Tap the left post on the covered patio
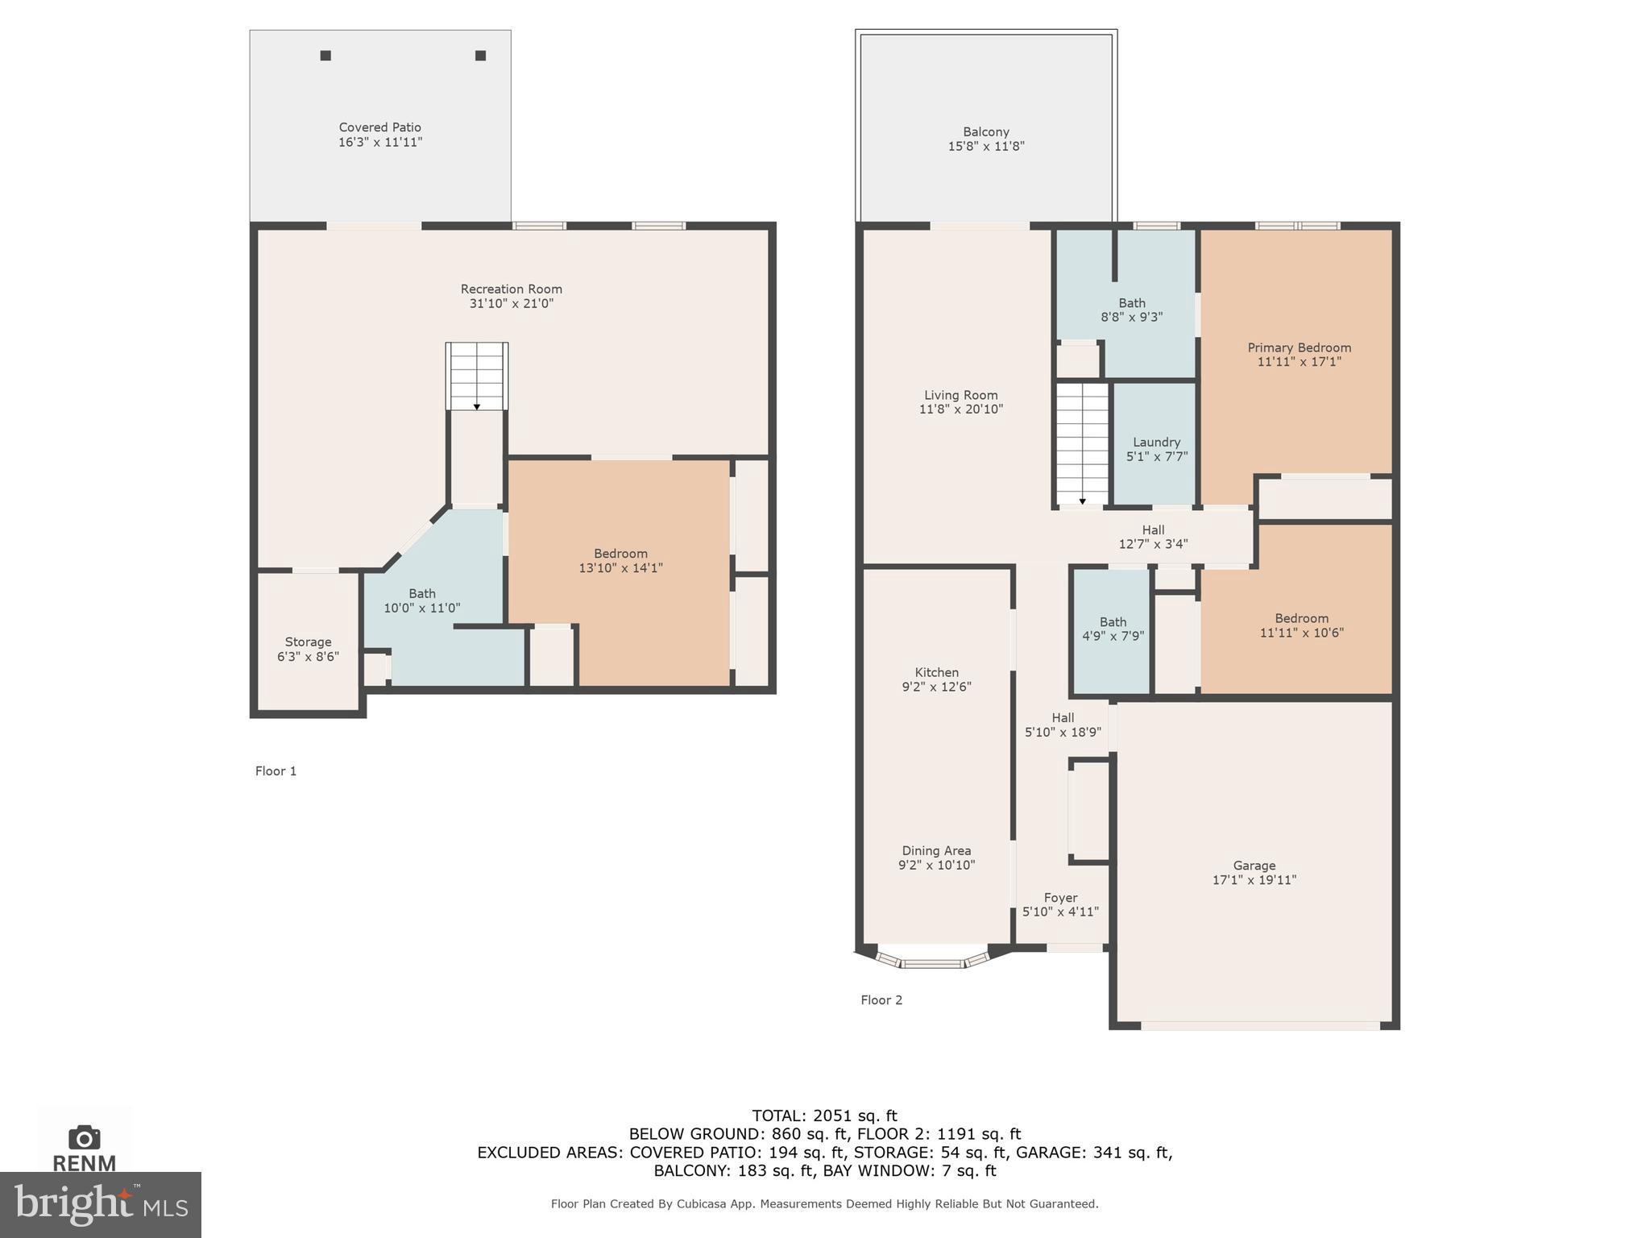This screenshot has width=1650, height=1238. tap(325, 56)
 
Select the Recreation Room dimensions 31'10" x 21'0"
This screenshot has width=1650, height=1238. tap(511, 304)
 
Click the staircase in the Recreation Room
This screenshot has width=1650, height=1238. tap(477, 376)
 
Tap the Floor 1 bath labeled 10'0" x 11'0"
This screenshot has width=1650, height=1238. tap(421, 600)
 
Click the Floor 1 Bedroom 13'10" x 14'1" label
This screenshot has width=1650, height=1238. tap(620, 560)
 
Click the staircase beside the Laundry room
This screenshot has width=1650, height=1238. tap(1082, 443)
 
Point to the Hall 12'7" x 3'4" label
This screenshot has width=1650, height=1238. tap(1153, 537)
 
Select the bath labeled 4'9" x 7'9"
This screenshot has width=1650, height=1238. tap(1113, 629)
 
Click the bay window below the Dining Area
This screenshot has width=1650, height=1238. tap(933, 961)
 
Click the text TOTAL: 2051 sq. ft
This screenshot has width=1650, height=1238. tap(824, 1116)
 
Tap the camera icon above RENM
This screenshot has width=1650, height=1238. tap(85, 1137)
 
